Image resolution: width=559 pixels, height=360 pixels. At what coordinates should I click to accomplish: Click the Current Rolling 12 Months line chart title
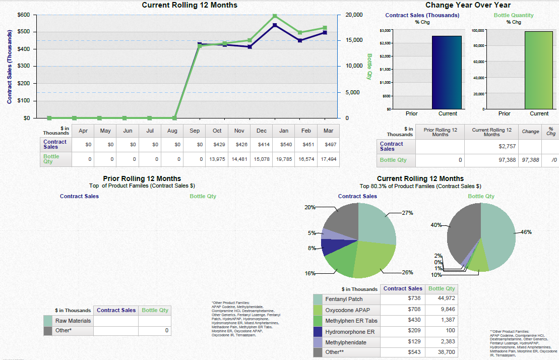point(190,5)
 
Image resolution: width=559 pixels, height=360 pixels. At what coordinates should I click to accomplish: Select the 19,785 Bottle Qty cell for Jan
point(283,159)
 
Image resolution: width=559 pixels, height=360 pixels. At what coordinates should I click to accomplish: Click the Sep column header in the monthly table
point(195,131)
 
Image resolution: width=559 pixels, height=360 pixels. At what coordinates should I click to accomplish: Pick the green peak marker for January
point(275,16)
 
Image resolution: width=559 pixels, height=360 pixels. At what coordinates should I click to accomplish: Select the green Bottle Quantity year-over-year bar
point(538,70)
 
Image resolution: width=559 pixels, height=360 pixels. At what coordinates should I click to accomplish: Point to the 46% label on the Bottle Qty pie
point(526,232)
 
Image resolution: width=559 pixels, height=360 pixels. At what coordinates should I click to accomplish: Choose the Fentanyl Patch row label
point(344,299)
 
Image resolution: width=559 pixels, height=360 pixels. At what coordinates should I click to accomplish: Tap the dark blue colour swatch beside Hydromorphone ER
point(318,331)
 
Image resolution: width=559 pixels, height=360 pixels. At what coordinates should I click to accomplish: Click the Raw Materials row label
point(73,321)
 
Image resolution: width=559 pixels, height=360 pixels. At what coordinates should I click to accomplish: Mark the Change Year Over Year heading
point(468,5)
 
